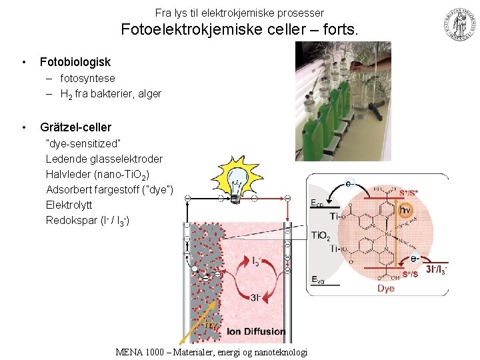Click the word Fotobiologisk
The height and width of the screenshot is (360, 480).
75,62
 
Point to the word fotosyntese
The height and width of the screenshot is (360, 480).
87,78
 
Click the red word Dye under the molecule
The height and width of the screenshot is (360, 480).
385,288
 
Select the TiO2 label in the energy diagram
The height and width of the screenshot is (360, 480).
320,236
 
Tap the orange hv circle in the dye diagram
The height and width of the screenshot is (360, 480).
405,210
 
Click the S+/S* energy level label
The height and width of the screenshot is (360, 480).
409,194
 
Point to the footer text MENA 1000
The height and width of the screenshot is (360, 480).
139,352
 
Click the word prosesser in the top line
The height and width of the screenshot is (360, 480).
301,13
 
